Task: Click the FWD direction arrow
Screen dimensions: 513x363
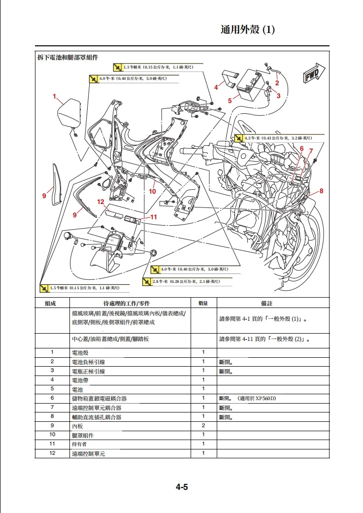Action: point(311,74)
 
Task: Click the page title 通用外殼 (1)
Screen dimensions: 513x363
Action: point(247,30)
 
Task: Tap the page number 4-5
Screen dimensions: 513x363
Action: point(182,487)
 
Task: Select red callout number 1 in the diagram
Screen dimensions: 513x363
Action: point(55,97)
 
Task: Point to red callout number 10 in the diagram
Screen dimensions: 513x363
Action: point(152,191)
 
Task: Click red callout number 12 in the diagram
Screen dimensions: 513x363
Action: point(100,202)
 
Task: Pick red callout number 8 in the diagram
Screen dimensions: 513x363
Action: point(321,191)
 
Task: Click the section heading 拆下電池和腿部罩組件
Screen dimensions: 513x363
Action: point(68,58)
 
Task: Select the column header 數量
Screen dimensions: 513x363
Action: point(203,303)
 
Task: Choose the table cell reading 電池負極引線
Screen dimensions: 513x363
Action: point(88,362)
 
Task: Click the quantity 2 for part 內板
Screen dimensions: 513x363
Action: point(203,425)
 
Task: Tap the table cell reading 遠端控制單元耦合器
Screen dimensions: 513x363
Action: point(97,408)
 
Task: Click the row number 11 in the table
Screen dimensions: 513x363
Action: point(52,444)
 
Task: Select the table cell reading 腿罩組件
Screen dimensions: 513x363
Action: point(82,435)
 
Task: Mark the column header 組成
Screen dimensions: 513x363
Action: point(52,303)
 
